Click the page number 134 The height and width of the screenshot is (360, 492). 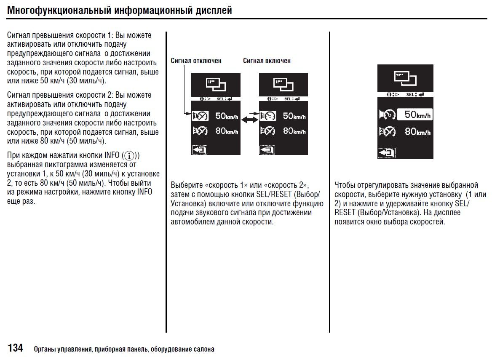pyautogui.click(x=15, y=348)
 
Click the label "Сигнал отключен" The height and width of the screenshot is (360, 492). pyautogui.click(x=196, y=61)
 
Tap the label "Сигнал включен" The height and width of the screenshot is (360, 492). pyautogui.click(x=267, y=61)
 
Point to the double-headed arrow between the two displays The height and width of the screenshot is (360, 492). pyautogui.click(x=249, y=120)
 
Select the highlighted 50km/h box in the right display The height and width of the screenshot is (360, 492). pyautogui.click(x=415, y=115)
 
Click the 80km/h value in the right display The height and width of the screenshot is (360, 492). pyautogui.click(x=417, y=132)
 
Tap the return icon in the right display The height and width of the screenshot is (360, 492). pyautogui.click(x=386, y=153)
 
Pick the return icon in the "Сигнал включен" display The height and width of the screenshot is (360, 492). pyautogui.click(x=267, y=149)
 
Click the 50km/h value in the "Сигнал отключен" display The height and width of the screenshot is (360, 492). pyautogui.click(x=227, y=116)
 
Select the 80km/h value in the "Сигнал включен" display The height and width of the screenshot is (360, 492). pyautogui.click(x=294, y=131)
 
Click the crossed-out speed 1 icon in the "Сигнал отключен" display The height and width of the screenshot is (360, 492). pyautogui.click(x=200, y=116)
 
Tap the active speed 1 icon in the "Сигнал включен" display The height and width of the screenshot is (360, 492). pyautogui.click(x=267, y=116)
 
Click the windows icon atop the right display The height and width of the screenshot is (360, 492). pyautogui.click(x=405, y=78)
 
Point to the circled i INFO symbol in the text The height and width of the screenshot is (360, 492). pyautogui.click(x=130, y=155)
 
